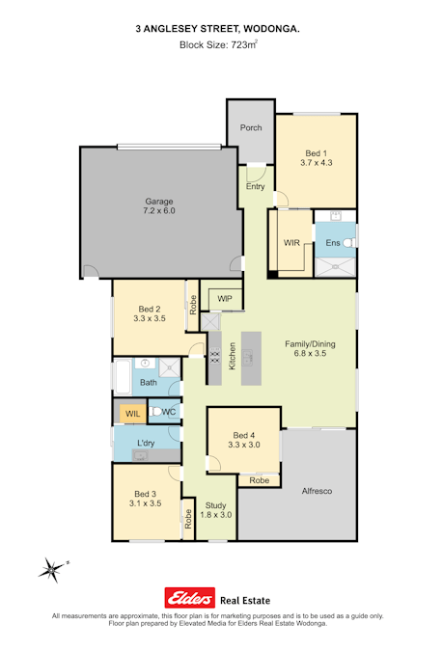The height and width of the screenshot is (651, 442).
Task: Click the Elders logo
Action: click(190, 598)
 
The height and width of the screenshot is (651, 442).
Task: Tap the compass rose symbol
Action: click(52, 570)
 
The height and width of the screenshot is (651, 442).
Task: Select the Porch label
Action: click(251, 128)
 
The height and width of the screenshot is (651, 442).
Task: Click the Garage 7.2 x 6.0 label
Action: click(159, 206)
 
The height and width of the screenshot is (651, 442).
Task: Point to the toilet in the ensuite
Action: click(350, 242)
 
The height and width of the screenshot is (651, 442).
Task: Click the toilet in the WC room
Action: click(155, 412)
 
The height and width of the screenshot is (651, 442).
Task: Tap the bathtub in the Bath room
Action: click(124, 377)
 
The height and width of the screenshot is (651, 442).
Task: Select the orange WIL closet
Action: click(132, 414)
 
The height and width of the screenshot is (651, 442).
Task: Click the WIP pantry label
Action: click(225, 299)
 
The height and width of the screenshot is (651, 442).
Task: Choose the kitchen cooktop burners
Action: click(215, 358)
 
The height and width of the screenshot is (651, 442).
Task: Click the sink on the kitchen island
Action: click(248, 358)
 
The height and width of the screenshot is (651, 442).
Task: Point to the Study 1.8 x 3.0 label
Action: click(216, 510)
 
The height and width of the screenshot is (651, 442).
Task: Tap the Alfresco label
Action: click(317, 491)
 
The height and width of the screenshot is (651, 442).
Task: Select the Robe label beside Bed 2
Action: click(193, 305)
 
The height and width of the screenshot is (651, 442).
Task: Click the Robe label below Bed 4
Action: click(260, 480)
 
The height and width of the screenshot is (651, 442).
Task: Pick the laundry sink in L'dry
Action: click(140, 456)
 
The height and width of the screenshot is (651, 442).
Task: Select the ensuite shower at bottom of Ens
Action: click(335, 267)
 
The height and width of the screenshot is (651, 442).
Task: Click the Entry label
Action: click(255, 186)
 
